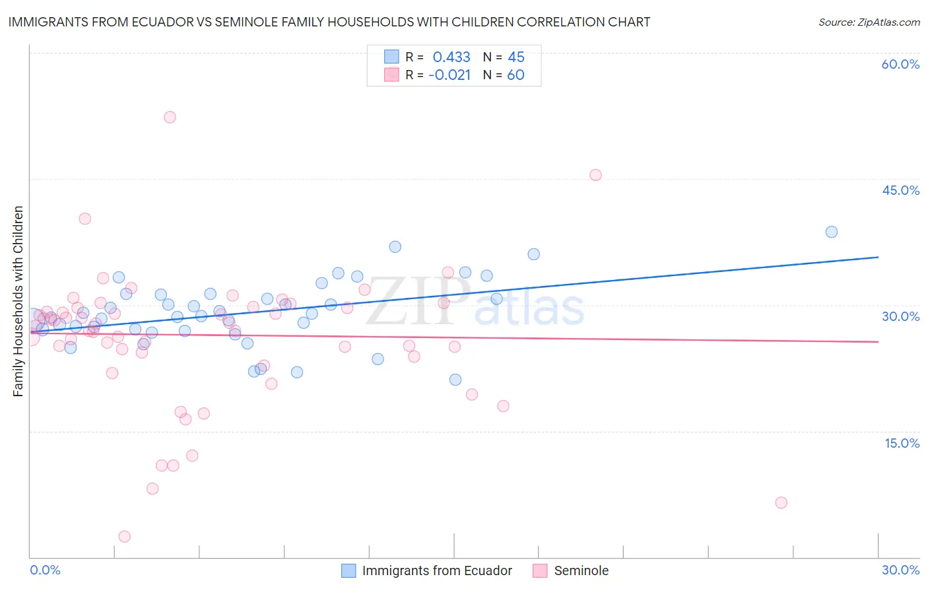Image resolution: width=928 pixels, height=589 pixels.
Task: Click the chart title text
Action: pyautogui.click(x=329, y=22)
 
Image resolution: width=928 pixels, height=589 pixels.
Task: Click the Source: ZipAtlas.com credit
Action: pyautogui.click(x=869, y=22)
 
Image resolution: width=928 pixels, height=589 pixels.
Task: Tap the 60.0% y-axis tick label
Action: pyautogui.click(x=900, y=64)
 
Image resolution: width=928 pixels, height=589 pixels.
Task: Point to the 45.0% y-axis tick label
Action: pyautogui.click(x=900, y=190)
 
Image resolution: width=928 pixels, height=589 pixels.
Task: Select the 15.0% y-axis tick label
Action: pyautogui.click(x=902, y=443)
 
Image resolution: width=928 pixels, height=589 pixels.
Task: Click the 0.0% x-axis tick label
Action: pyautogui.click(x=45, y=570)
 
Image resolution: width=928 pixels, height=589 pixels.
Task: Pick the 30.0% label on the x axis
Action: pyautogui.click(x=900, y=570)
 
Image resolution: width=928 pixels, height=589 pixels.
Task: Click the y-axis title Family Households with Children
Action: pyautogui.click(x=18, y=301)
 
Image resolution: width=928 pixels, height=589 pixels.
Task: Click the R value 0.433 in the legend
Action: pyautogui.click(x=451, y=57)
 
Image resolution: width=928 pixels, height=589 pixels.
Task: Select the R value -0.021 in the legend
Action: pyautogui.click(x=449, y=75)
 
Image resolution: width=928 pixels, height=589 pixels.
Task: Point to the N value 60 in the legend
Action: pyautogui.click(x=515, y=75)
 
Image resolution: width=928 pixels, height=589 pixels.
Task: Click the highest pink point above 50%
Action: pyautogui.click(x=170, y=117)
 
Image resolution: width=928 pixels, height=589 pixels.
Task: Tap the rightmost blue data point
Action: pyautogui.click(x=832, y=232)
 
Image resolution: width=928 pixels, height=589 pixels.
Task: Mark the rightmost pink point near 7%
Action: pyautogui.click(x=781, y=502)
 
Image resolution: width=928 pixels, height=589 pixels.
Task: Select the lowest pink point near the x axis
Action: pyautogui.click(x=124, y=536)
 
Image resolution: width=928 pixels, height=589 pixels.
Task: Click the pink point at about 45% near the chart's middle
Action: pyautogui.click(x=595, y=175)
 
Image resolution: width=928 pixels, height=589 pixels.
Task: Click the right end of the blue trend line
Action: pyautogui.click(x=878, y=257)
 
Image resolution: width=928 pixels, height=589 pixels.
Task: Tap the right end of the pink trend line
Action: pyautogui.click(x=878, y=341)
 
